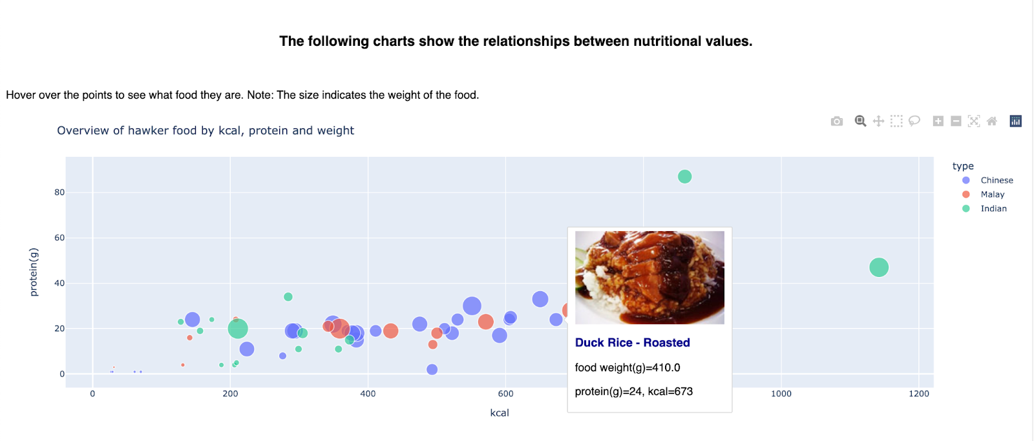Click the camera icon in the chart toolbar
837,121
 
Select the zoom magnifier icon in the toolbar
860,121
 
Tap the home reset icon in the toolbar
992,121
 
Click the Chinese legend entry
996,180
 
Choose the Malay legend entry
992,194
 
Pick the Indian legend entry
993,209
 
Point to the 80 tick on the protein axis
59,192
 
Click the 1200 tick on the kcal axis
918,393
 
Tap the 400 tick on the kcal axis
368,393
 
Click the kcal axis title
500,413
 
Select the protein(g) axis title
34,272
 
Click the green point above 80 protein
684,176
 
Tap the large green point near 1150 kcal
878,267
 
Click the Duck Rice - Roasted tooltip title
632,343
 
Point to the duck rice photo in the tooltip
649,278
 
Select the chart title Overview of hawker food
206,130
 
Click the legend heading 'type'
962,166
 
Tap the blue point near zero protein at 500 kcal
432,369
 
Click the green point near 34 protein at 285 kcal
288,297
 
